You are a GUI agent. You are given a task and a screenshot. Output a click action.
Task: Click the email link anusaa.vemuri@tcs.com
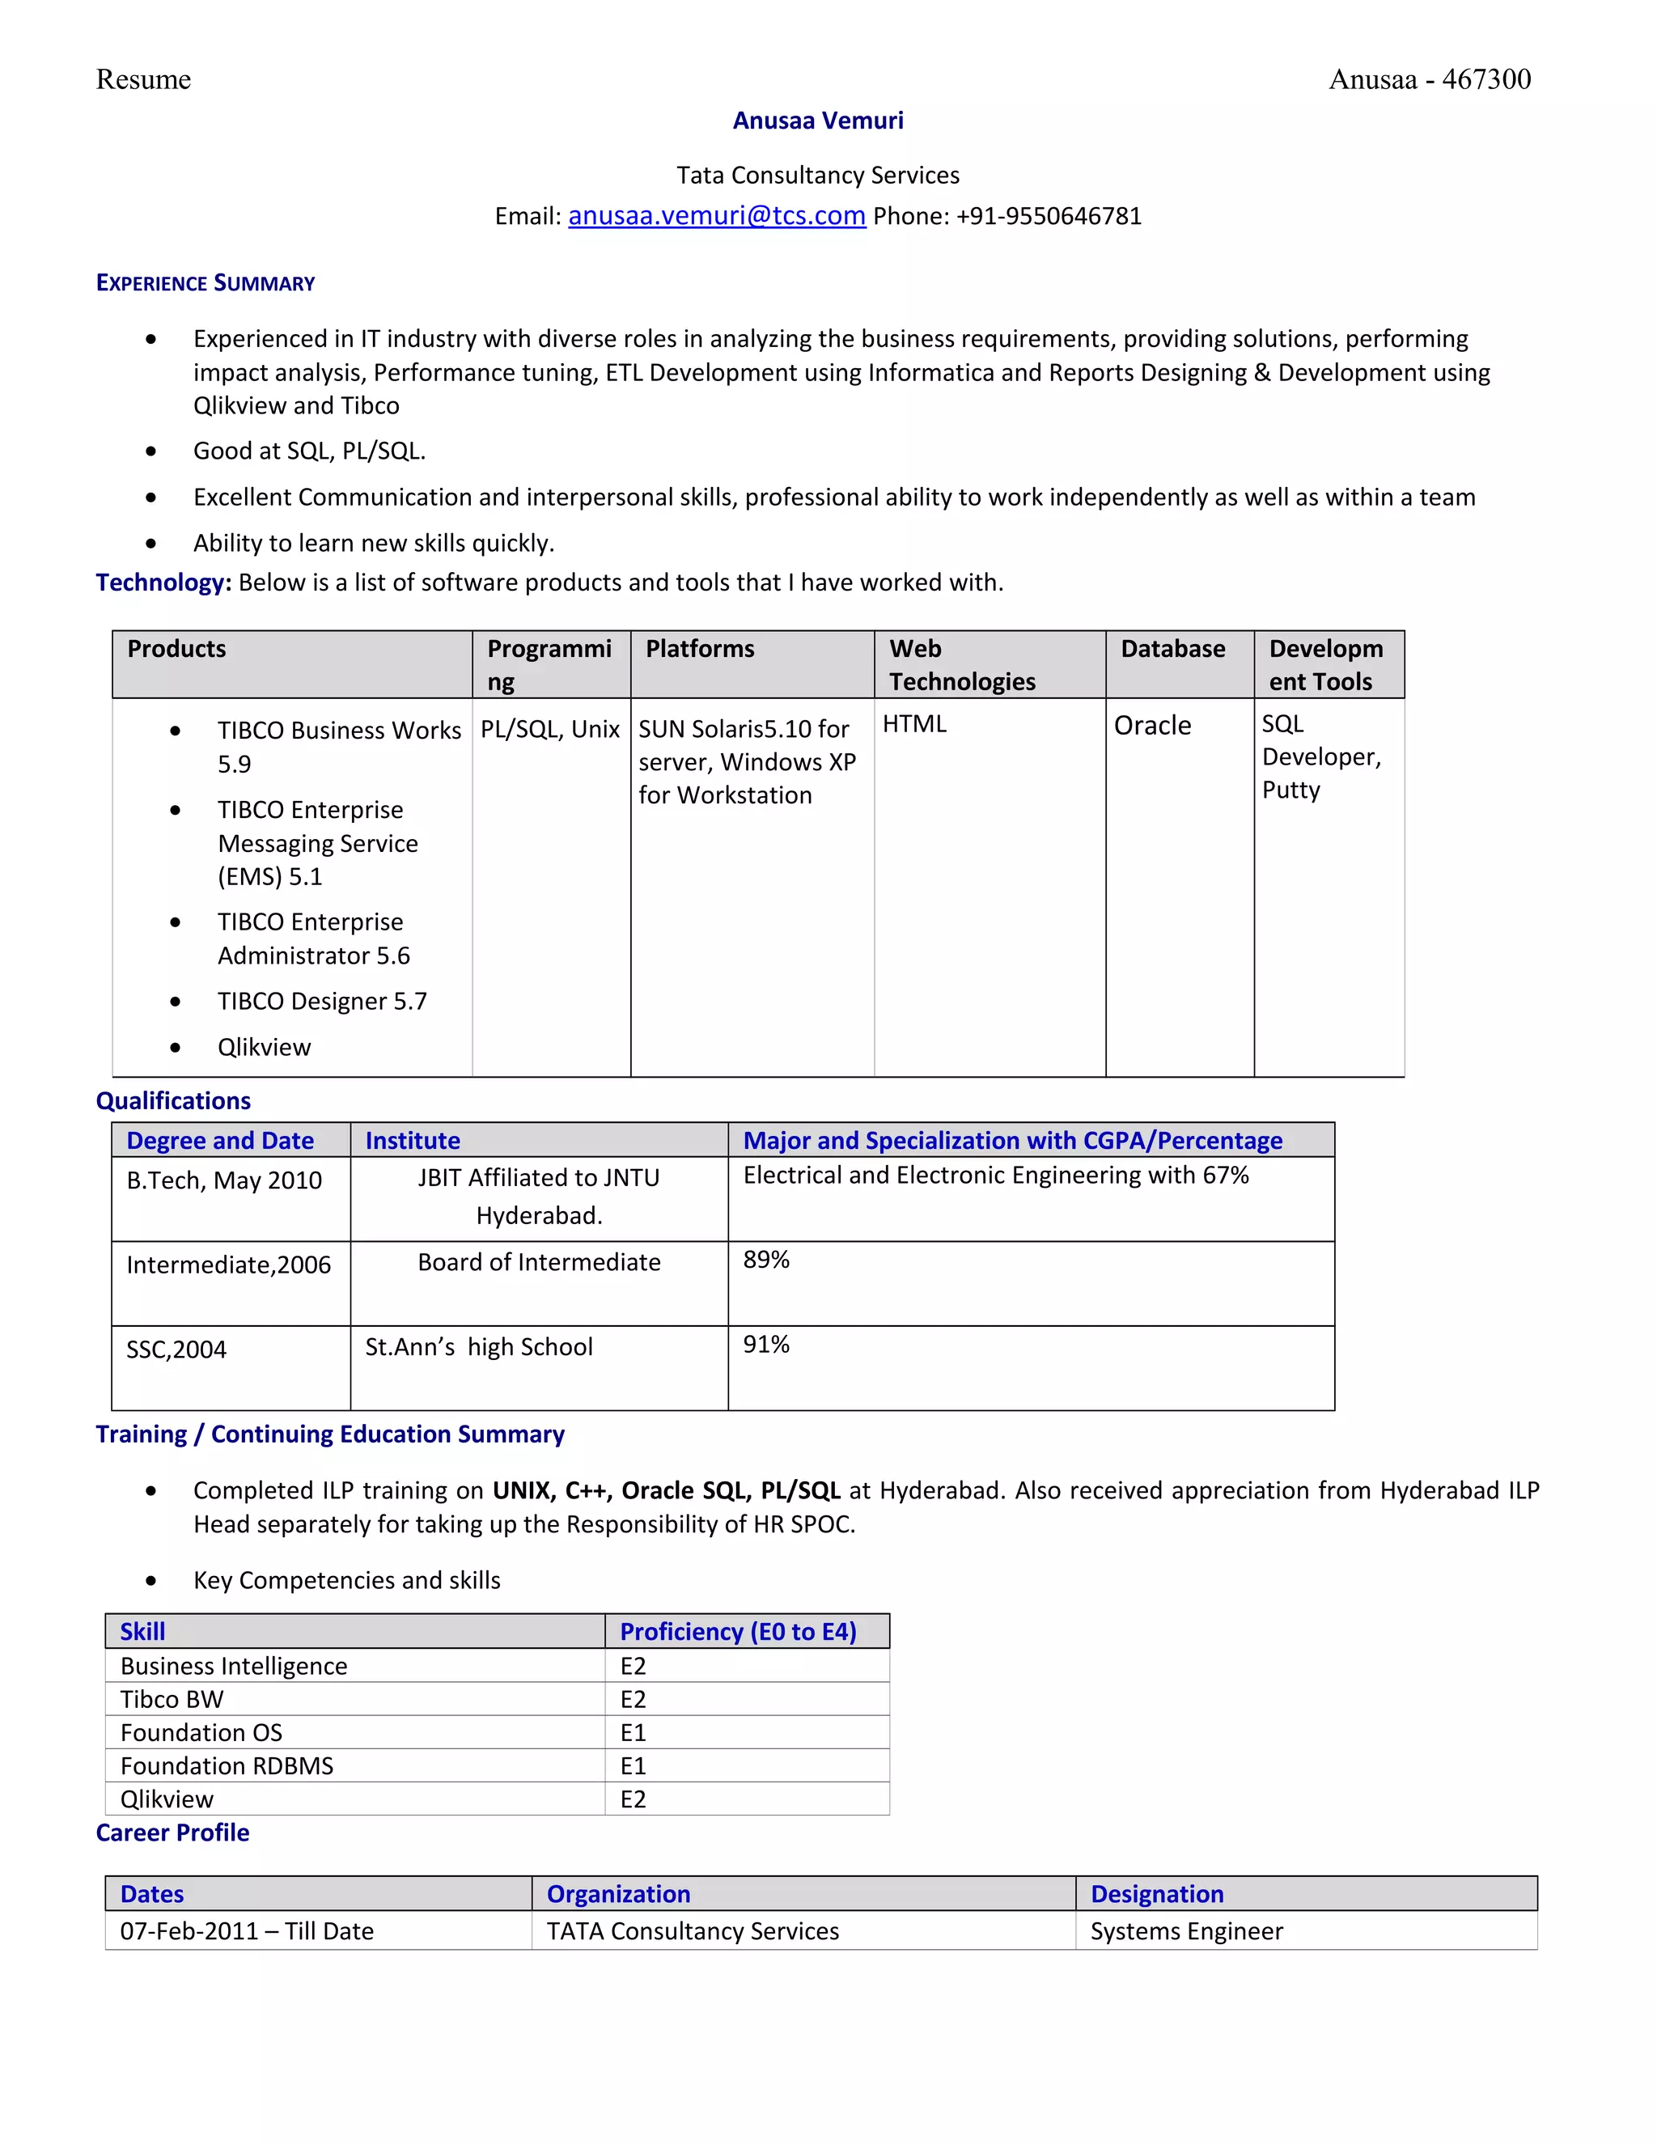point(717,216)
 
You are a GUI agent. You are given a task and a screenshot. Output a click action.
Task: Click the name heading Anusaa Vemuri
point(818,121)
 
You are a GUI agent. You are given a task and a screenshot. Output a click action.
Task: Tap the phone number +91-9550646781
point(1049,216)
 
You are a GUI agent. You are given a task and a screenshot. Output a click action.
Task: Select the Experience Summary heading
point(206,284)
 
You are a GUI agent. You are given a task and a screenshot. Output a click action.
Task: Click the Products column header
point(176,649)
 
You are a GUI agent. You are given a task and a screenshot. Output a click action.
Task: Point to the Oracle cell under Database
point(1152,726)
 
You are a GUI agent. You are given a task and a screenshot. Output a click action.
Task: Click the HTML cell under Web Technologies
point(914,724)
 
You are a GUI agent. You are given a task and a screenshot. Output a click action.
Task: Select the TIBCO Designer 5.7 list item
point(322,1002)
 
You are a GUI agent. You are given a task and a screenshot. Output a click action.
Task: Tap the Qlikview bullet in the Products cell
point(264,1048)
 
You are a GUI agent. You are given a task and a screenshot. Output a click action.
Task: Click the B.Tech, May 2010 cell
point(224,1181)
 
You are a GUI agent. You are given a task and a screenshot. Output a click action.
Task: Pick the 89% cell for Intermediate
point(765,1261)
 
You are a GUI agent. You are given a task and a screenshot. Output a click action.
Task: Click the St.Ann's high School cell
point(478,1347)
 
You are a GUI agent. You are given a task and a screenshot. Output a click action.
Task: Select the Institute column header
point(413,1141)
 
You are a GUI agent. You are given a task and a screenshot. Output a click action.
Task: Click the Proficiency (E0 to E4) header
point(738,1632)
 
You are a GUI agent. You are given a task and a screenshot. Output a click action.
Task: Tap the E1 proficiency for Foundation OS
point(634,1733)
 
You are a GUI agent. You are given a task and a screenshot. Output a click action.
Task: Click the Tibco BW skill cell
point(172,1699)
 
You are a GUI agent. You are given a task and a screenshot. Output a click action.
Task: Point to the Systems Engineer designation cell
point(1186,1931)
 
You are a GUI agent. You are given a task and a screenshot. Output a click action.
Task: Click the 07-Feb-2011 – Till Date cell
point(247,1931)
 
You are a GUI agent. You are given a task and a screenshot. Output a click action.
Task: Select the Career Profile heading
point(173,1833)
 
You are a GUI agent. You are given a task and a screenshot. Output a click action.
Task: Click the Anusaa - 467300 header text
point(1430,79)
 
